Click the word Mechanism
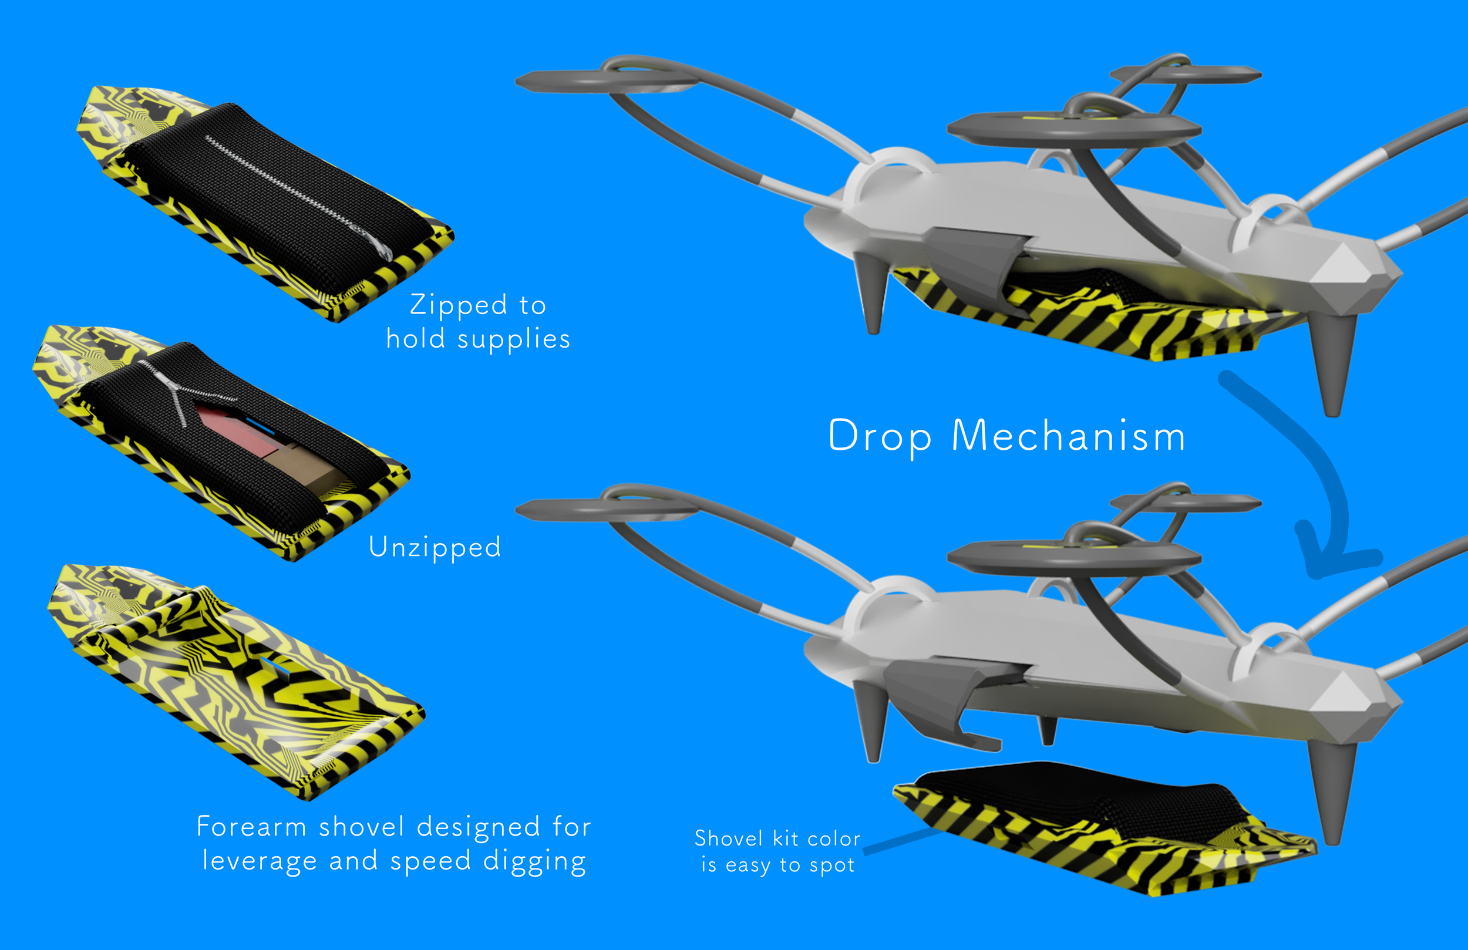coord(1068,436)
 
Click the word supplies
coord(513,340)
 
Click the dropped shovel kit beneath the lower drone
coord(1104,827)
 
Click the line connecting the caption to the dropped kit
coord(902,841)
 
